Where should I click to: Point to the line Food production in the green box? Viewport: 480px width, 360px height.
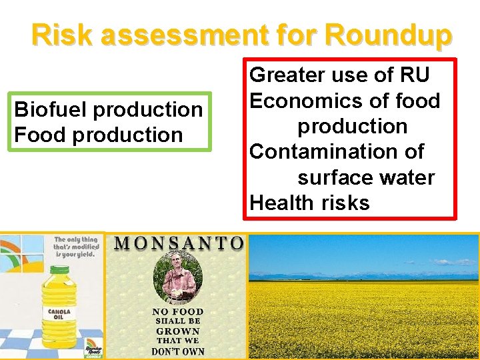[x=98, y=135]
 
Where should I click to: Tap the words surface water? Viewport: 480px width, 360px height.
[x=366, y=177]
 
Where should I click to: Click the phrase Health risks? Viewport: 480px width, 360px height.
[x=309, y=203]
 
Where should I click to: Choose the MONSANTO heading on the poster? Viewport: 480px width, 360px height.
[x=178, y=243]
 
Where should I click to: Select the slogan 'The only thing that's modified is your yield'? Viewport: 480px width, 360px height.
[x=77, y=247]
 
